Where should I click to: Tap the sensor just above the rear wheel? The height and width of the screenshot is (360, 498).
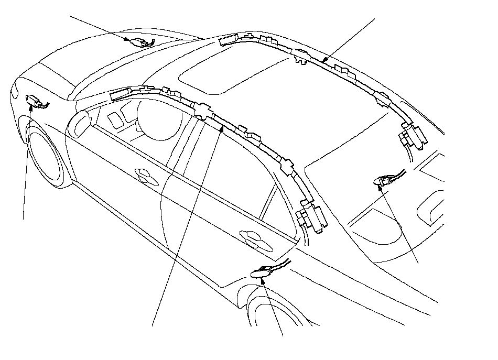pos(265,271)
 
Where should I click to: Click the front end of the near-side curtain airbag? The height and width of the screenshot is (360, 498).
pos(120,95)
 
